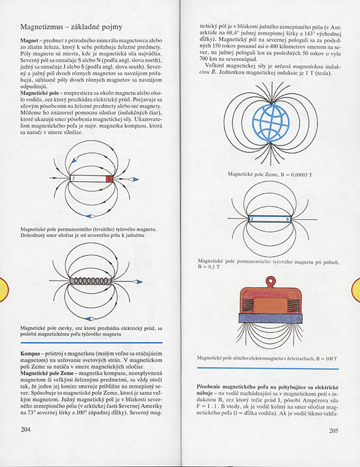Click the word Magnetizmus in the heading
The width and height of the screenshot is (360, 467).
coord(42,27)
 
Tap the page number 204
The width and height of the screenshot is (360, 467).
coord(26,429)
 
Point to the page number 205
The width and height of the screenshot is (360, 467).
coord(334,431)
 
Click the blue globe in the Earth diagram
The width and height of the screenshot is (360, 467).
coord(271,122)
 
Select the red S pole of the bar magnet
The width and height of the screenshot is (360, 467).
coord(110,179)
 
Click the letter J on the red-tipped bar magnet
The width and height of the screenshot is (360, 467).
coord(73,179)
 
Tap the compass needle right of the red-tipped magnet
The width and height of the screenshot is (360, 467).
coord(132,180)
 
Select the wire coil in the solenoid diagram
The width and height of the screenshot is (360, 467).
coord(91,281)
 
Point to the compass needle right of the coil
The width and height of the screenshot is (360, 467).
coord(137,282)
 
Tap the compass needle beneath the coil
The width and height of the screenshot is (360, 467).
coord(90,319)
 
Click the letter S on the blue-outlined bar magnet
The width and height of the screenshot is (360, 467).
coord(288,220)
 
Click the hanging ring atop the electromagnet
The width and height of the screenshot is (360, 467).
coord(271,281)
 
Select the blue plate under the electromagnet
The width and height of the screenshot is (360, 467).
coord(271,318)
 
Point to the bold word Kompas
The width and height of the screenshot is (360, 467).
coord(30,353)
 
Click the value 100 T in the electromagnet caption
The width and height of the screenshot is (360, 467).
coord(332,358)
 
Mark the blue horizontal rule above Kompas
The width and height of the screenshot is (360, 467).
coord(92,343)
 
